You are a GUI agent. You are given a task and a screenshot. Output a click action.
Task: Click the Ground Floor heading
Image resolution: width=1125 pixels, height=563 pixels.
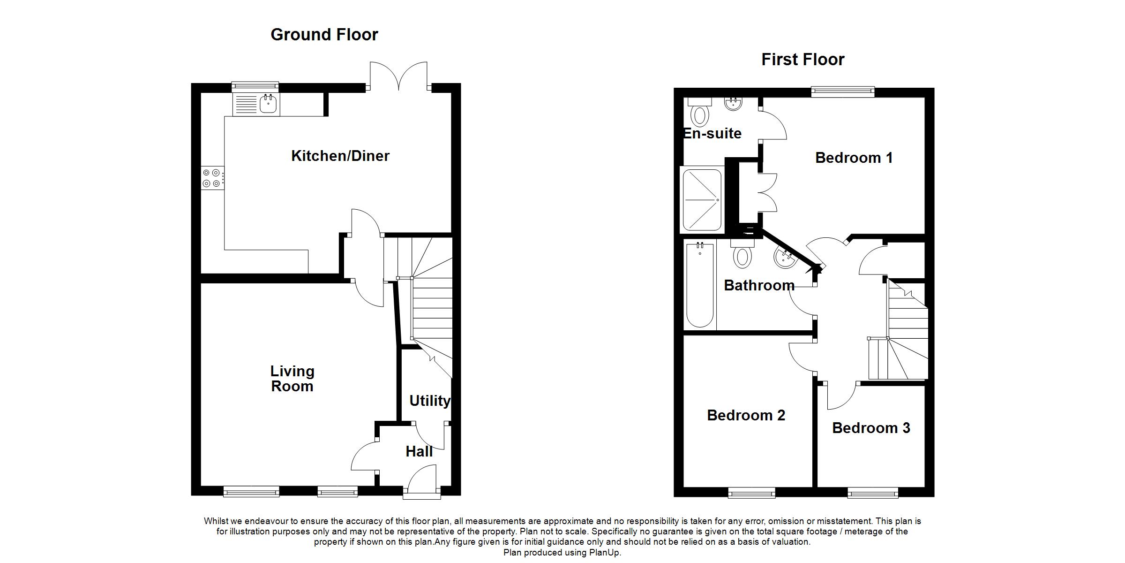324,35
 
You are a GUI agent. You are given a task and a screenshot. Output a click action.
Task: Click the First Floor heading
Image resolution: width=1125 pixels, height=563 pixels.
802,60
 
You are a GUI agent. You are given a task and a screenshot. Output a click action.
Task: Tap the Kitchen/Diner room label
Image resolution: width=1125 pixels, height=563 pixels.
340,156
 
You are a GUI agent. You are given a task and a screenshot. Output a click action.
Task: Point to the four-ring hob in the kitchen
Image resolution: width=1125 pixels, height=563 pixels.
211,178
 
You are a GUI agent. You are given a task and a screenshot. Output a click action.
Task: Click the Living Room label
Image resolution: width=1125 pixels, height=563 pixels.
292,379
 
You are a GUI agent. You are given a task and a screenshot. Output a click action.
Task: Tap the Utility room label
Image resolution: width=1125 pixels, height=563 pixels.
429,401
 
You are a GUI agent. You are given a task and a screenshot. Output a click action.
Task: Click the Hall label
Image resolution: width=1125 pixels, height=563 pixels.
419,451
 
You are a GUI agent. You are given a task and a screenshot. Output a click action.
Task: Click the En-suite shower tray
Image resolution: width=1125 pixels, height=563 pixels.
702,200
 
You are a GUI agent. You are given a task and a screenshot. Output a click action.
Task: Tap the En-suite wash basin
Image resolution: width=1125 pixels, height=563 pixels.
733,104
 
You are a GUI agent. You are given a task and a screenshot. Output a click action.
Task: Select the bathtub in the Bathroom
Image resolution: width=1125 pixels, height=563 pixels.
700,284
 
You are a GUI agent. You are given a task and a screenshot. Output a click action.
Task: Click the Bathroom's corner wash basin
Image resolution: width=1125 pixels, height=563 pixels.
784,258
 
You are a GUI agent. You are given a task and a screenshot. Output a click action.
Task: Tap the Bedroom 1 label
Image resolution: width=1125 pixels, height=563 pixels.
854,158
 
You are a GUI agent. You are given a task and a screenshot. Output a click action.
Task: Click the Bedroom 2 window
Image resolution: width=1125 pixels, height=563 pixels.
751,493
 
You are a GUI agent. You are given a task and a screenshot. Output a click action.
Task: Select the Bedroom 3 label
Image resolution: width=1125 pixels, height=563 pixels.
871,428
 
